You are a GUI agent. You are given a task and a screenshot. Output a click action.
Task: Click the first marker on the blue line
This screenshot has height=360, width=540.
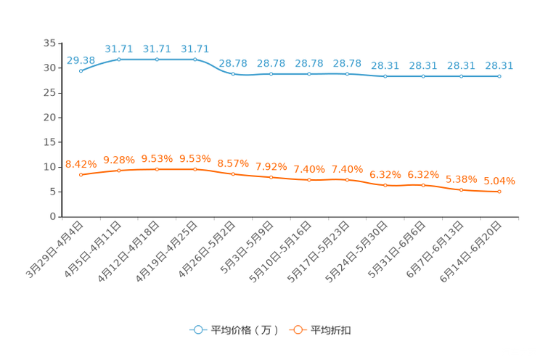(x=81, y=71)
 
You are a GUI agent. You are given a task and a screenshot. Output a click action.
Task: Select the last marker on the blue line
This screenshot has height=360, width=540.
(x=499, y=75)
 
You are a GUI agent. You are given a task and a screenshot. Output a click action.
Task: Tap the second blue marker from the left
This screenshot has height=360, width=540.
(x=119, y=59)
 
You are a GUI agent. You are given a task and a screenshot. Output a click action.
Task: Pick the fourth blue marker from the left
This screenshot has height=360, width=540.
(x=195, y=59)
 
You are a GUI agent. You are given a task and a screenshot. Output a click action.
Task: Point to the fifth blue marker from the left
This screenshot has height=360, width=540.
(x=233, y=73)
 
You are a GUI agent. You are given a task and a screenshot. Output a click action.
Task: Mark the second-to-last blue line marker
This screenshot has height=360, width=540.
(x=461, y=75)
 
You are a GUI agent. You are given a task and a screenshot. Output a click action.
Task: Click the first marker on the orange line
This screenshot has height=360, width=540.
(x=81, y=174)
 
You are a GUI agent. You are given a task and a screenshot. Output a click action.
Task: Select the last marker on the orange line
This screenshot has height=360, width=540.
(x=499, y=192)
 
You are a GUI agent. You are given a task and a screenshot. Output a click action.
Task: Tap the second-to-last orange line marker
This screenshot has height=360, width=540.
(x=461, y=190)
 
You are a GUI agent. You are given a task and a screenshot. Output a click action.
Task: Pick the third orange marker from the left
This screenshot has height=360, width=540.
(x=157, y=168)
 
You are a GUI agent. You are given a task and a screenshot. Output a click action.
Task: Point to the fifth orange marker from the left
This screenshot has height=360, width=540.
(x=233, y=173)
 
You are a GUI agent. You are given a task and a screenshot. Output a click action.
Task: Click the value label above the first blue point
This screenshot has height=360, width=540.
(x=81, y=60)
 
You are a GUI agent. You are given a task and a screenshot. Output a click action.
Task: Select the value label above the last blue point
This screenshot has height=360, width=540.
(x=499, y=65)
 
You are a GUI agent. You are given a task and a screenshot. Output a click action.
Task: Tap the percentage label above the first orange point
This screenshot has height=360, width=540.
(x=81, y=163)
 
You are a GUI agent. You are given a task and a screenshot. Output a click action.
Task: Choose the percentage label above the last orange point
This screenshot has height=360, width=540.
(x=499, y=181)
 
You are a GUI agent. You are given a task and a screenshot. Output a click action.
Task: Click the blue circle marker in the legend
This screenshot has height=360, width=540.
(x=197, y=330)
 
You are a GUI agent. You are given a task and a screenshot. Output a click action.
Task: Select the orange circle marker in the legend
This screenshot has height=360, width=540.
(x=297, y=330)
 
